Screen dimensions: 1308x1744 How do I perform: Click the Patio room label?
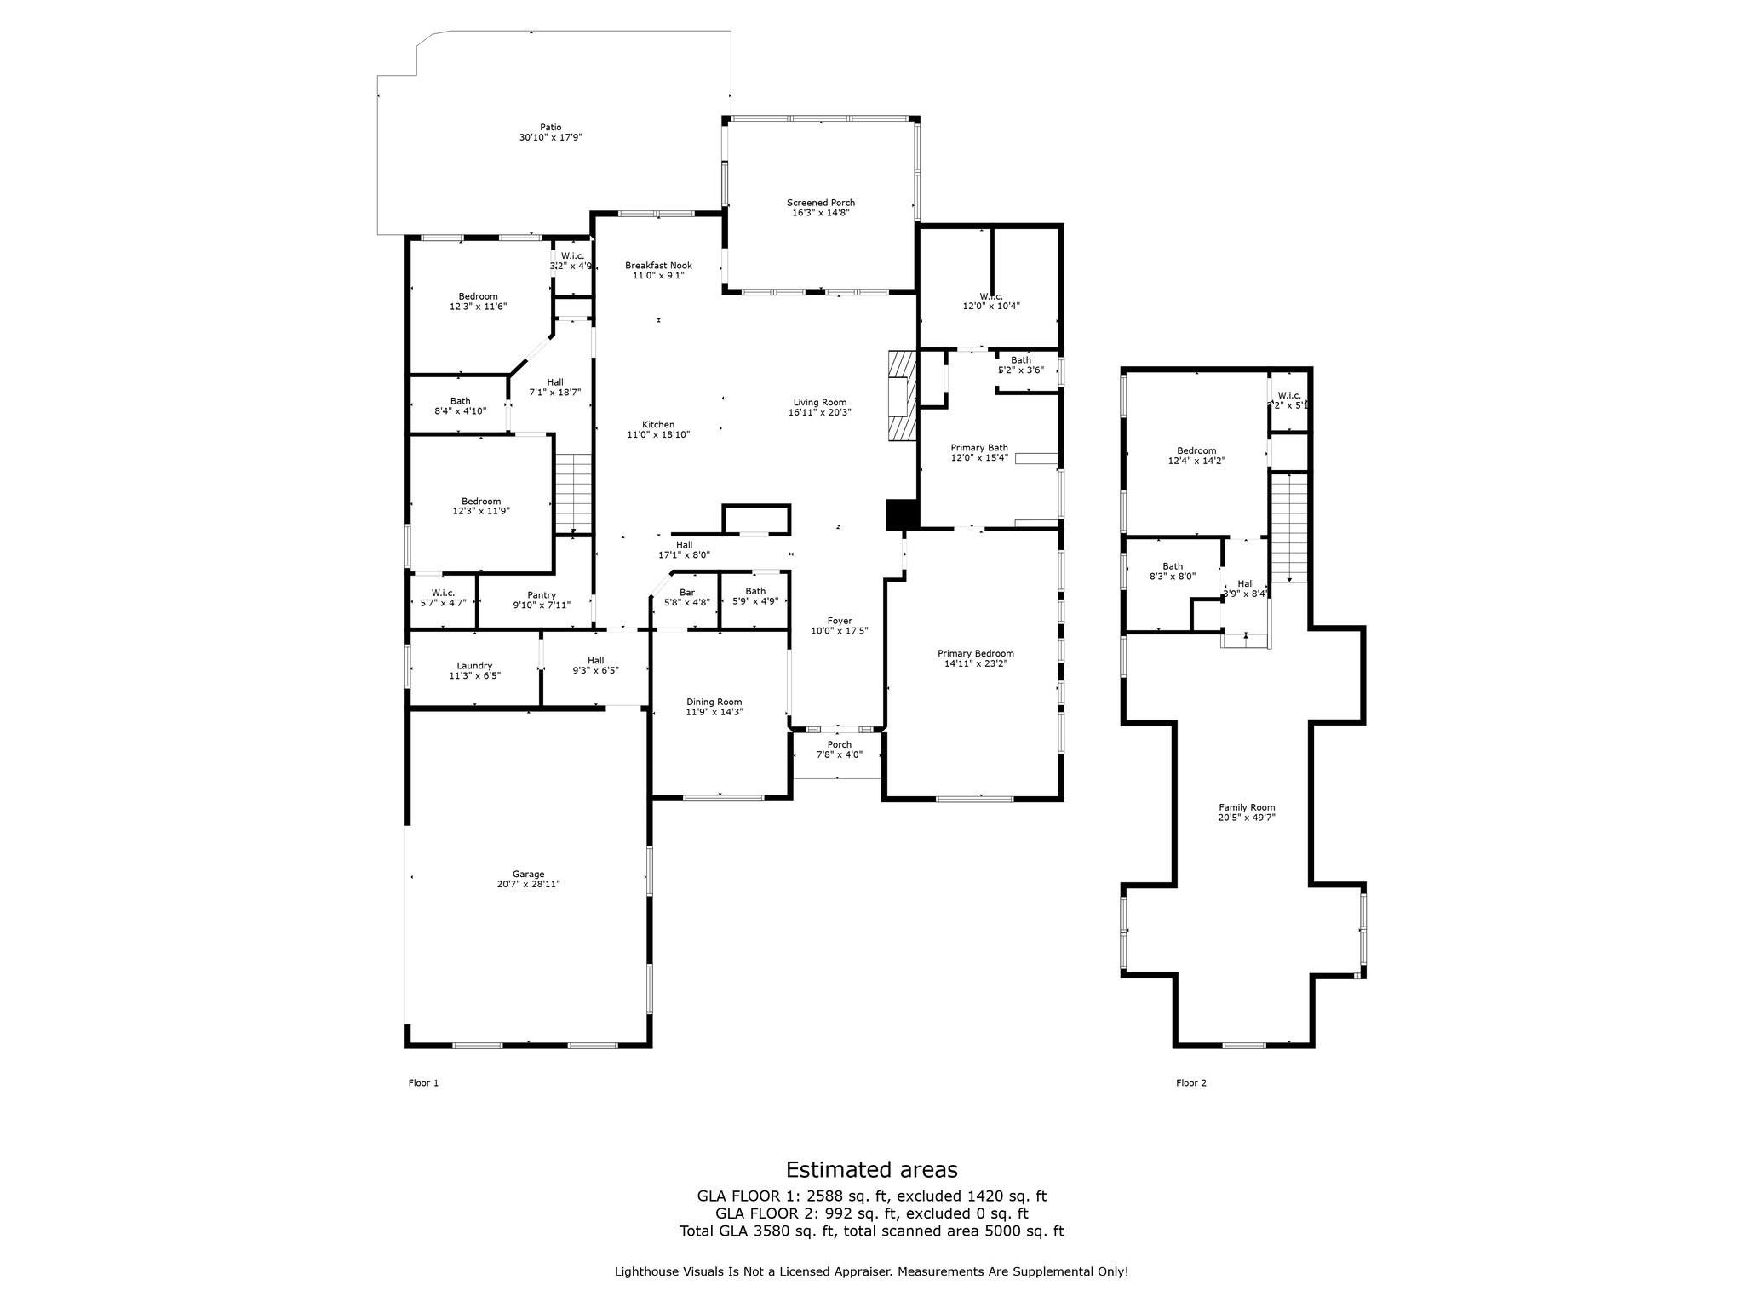[x=550, y=128]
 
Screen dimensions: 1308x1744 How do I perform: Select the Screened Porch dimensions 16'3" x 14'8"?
[x=820, y=213]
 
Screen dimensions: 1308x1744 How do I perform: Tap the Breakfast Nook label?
[x=658, y=266]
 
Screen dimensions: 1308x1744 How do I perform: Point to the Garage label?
[x=528, y=874]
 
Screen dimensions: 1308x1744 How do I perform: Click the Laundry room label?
[x=474, y=666]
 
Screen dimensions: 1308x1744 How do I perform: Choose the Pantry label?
[x=542, y=595]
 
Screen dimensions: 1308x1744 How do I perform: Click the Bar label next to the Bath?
[x=686, y=592]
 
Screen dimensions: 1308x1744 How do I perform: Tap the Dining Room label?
[x=714, y=702]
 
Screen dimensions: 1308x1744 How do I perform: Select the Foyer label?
[x=839, y=621]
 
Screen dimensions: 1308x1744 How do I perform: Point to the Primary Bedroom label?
[x=978, y=653]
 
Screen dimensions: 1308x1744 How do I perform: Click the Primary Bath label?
[x=978, y=448]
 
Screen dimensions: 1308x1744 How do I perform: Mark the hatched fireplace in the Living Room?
[x=902, y=396]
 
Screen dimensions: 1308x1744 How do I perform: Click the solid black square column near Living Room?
[x=901, y=514]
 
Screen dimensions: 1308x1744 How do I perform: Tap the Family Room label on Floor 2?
[x=1246, y=807]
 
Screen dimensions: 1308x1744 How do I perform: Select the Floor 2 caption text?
[x=1190, y=1083]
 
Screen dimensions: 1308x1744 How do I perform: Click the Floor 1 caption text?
[x=423, y=1083]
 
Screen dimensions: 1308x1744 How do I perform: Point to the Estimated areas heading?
[x=871, y=1169]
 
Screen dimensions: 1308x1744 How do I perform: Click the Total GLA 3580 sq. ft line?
[x=871, y=1231]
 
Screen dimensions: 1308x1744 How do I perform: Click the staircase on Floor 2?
[x=1289, y=528]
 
